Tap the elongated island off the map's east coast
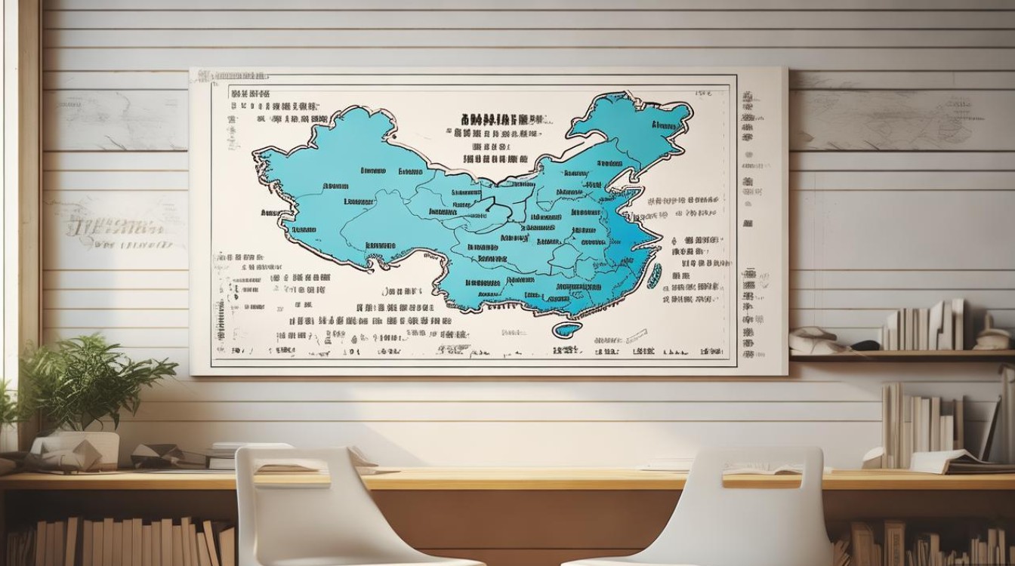coord(655,275)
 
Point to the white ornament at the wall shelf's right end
coord(992,340)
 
